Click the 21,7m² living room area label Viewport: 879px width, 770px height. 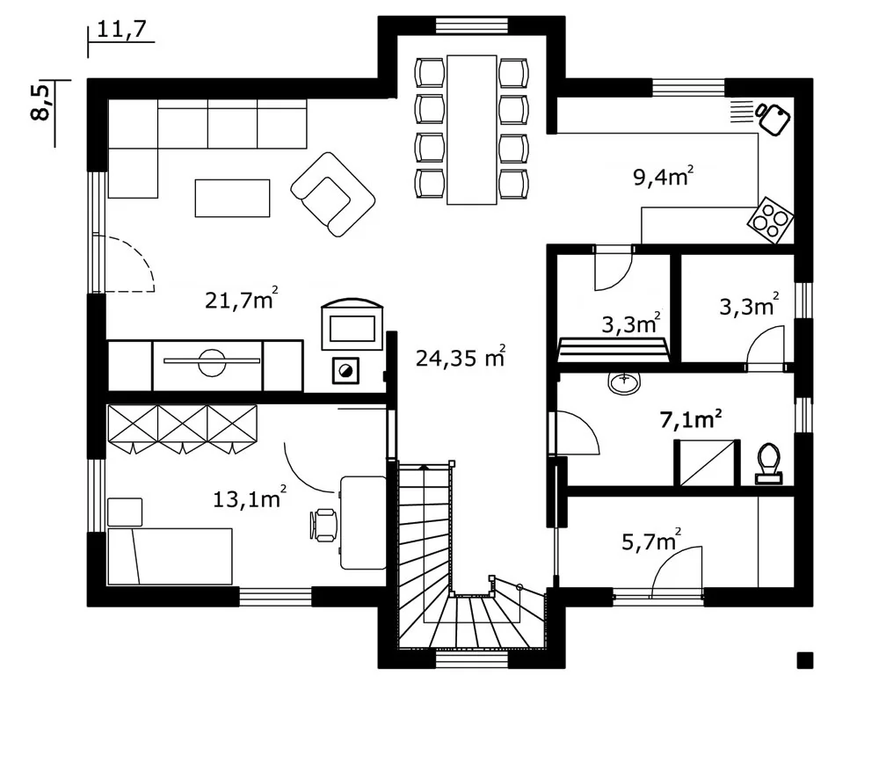pyautogui.click(x=242, y=299)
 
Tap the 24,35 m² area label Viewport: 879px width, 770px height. pyautogui.click(x=461, y=356)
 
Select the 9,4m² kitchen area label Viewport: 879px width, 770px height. pyautogui.click(x=664, y=176)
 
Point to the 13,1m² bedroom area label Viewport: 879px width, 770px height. pyautogui.click(x=250, y=498)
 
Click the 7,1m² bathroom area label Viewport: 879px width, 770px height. pyautogui.click(x=690, y=418)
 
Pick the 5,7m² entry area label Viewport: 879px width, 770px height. pyautogui.click(x=652, y=541)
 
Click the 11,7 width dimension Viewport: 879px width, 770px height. pyautogui.click(x=121, y=29)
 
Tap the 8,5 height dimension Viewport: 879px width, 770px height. pyautogui.click(x=41, y=102)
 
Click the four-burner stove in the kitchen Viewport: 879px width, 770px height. pyautogui.click(x=770, y=220)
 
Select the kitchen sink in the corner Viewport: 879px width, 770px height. pyautogui.click(x=773, y=119)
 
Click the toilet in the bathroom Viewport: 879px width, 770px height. pyautogui.click(x=768, y=463)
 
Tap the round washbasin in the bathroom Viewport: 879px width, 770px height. pyautogui.click(x=624, y=382)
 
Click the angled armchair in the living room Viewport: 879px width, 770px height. pyautogui.click(x=332, y=194)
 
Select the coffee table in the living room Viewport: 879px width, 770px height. pyautogui.click(x=232, y=198)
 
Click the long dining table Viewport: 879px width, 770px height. pyautogui.click(x=472, y=129)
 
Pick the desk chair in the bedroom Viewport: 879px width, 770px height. pyautogui.click(x=323, y=525)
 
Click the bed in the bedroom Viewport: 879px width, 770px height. pyautogui.click(x=170, y=556)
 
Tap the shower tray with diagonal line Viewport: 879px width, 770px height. pyautogui.click(x=707, y=463)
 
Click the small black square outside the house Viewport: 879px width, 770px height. pyautogui.click(x=805, y=660)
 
